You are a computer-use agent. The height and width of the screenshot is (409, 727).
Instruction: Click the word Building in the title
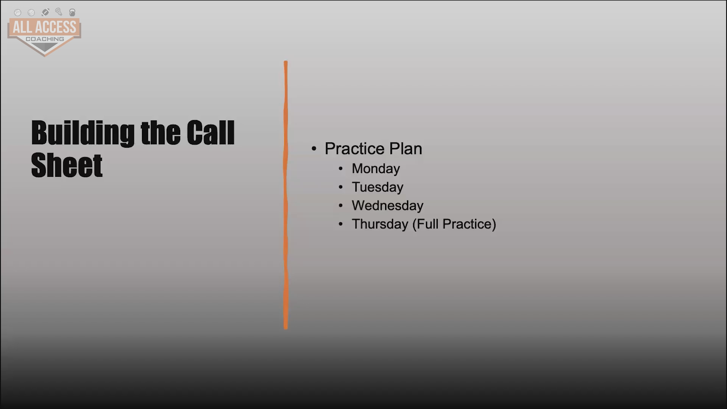tap(83, 133)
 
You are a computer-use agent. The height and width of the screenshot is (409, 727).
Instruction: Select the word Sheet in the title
tap(67, 165)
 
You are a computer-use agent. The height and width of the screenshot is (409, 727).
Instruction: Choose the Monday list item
tap(376, 169)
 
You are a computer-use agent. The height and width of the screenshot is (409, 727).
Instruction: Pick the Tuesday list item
tap(378, 187)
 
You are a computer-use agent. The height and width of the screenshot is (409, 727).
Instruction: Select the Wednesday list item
tap(387, 206)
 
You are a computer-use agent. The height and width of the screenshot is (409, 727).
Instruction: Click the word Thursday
tap(380, 224)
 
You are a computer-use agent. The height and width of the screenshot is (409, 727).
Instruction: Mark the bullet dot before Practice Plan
tap(314, 148)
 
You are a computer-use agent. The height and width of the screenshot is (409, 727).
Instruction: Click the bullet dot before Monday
tap(341, 169)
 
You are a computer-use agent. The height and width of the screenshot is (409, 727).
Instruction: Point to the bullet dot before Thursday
tap(341, 224)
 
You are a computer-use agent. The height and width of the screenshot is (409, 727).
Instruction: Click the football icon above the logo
tap(45, 12)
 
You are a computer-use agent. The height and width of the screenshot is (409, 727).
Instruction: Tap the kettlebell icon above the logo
tap(72, 12)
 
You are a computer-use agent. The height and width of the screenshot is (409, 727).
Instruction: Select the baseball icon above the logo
tap(17, 12)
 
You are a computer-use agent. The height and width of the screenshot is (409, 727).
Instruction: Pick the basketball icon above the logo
tap(31, 12)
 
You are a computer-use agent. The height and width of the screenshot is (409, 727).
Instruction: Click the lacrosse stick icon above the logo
tap(59, 12)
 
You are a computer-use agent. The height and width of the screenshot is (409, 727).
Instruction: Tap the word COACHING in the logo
tap(45, 39)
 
